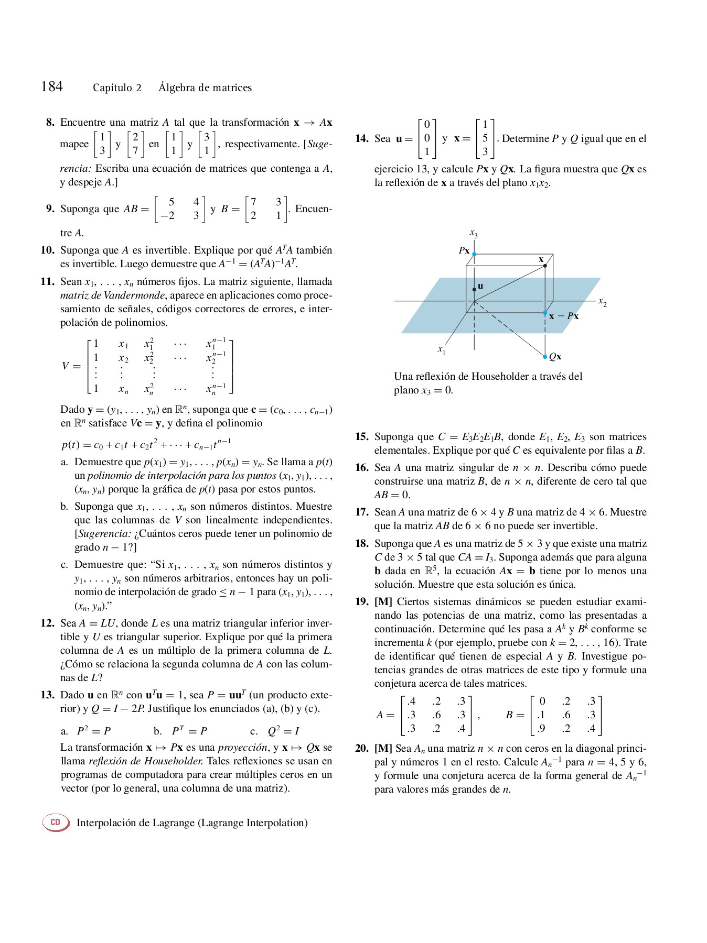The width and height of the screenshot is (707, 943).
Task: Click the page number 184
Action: tap(52, 86)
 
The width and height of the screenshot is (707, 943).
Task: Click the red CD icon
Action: tap(56, 822)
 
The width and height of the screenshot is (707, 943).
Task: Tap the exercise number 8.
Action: tap(50, 123)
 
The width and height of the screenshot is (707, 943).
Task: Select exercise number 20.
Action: tap(361, 749)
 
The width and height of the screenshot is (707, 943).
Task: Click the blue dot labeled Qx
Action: tap(545, 357)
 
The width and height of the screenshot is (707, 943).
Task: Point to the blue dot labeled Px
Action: tap(474, 254)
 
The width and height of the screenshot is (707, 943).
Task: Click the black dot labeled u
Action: tap(474, 289)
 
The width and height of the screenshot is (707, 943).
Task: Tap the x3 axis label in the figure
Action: tap(473, 233)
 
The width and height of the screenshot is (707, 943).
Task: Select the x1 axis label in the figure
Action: tap(442, 349)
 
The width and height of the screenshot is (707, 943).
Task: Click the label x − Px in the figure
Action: tap(564, 316)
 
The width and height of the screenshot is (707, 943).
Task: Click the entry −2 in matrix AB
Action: tap(167, 215)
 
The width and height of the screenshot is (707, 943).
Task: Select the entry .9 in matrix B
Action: tap(541, 728)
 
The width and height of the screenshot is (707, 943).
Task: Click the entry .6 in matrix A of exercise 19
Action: tap(436, 715)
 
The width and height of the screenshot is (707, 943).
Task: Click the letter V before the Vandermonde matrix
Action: tap(65, 366)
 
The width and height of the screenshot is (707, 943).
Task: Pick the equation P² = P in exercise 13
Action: tap(93, 731)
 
